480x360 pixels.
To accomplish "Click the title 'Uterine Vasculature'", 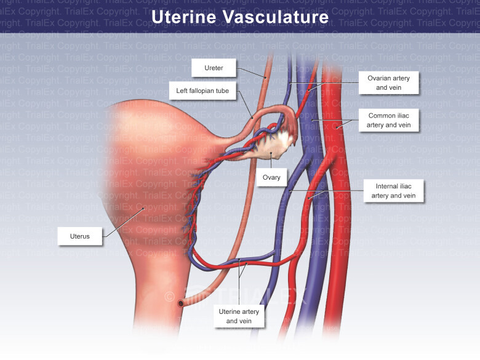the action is tap(240, 17).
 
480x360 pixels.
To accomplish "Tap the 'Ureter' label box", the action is tap(214, 68).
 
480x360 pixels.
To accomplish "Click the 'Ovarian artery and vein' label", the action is tap(389, 82).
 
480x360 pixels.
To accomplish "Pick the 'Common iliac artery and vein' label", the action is tap(389, 120).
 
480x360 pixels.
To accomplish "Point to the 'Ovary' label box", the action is tap(271, 177).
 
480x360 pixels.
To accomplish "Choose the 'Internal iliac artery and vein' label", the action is tap(393, 190).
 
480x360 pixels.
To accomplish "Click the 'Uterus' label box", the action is tap(80, 236).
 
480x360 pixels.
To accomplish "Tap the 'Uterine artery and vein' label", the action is tap(239, 316).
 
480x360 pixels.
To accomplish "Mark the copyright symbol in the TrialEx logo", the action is tap(169, 297).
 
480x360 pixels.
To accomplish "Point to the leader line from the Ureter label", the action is tap(249, 72).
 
